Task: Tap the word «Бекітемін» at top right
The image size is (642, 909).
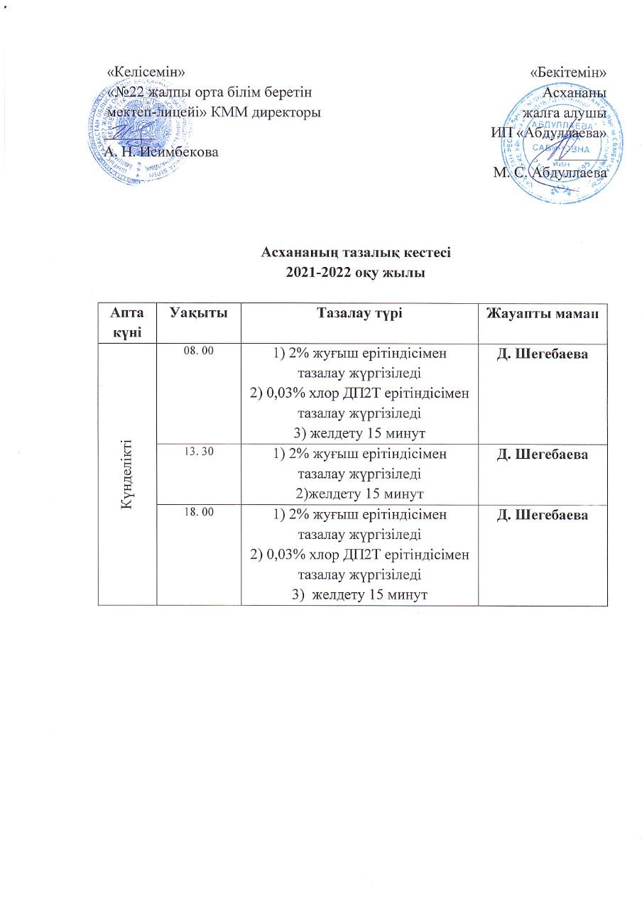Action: coord(568,73)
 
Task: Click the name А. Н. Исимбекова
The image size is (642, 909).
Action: coord(161,152)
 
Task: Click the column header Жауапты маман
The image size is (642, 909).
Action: coord(544,313)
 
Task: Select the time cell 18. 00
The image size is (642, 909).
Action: coord(198,512)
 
